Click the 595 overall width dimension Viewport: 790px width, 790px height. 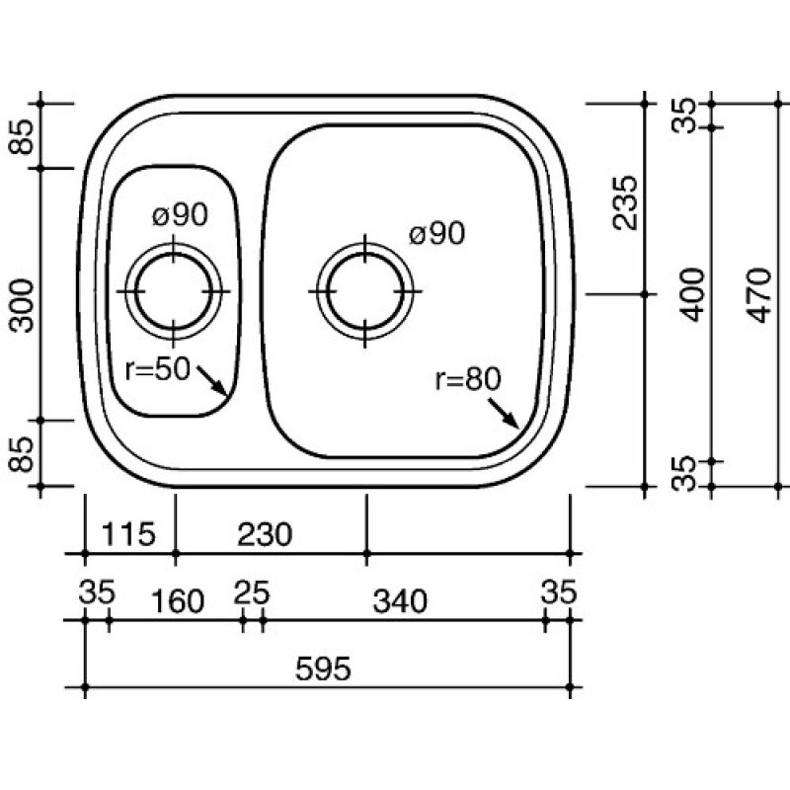coord(323,670)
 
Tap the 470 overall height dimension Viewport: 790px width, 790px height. coord(759,295)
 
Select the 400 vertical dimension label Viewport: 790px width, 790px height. coord(692,294)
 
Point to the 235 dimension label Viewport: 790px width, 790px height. coord(625,202)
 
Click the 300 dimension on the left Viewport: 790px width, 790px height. coord(22,306)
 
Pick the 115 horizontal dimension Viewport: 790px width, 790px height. coord(128,534)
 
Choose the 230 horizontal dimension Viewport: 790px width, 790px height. coord(265,534)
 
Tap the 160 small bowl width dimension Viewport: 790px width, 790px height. coord(178,601)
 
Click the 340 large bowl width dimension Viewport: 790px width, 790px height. coord(400,601)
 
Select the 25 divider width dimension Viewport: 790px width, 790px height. coord(252,592)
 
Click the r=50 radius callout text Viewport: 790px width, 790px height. coord(158,369)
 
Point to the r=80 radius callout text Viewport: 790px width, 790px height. coord(468,379)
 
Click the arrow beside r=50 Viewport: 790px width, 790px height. coord(211,380)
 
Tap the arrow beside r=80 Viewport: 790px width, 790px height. coord(504,413)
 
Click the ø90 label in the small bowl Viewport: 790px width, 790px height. coord(180,215)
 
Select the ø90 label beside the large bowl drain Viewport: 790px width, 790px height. coord(436,234)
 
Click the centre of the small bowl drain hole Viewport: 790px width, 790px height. coord(174,291)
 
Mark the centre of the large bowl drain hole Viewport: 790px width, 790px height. coord(365,291)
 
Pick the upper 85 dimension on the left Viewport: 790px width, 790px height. coord(22,136)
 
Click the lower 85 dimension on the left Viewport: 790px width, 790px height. coord(22,454)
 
